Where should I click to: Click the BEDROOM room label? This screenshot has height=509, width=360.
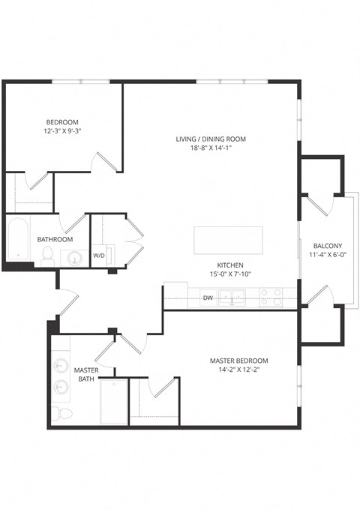[62, 121]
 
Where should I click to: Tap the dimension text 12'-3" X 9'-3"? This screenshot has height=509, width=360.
[62, 131]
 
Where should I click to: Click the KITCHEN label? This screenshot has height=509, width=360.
[230, 265]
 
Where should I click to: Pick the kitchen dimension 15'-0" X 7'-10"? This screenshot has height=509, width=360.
[230, 274]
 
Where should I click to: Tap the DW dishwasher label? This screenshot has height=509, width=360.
[207, 298]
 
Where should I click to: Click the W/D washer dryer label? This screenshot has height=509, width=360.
[99, 256]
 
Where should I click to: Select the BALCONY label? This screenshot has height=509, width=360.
[328, 245]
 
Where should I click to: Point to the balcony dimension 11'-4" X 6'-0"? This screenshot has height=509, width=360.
[328, 254]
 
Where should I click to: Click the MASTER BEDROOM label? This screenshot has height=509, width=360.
[238, 361]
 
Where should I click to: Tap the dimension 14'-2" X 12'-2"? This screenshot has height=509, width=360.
[238, 370]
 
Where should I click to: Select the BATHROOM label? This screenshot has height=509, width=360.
[55, 239]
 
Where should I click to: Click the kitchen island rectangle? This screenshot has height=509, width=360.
[229, 241]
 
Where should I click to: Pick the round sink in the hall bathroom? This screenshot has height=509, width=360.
[75, 258]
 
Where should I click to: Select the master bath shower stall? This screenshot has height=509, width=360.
[114, 402]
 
